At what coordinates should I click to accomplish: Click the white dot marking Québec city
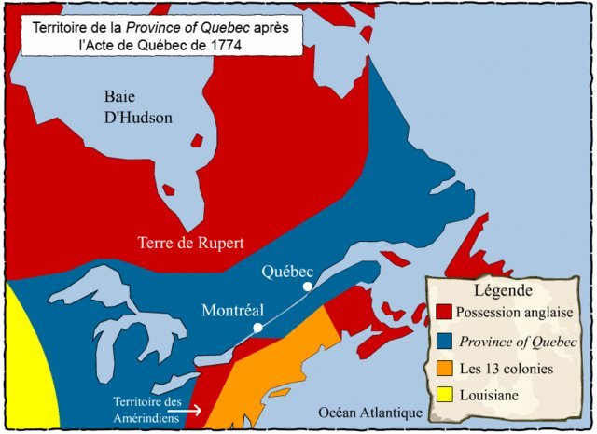click(x=306, y=287)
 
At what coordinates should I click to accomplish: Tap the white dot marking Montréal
click(x=257, y=328)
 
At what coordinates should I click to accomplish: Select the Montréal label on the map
click(x=234, y=311)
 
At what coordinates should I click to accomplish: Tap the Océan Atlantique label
click(x=369, y=413)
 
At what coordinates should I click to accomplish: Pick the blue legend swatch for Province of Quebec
click(x=444, y=340)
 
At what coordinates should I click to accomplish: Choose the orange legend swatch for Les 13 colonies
click(x=444, y=368)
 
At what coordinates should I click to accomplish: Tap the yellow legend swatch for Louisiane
click(x=444, y=396)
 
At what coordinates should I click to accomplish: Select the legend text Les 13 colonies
click(x=507, y=369)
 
